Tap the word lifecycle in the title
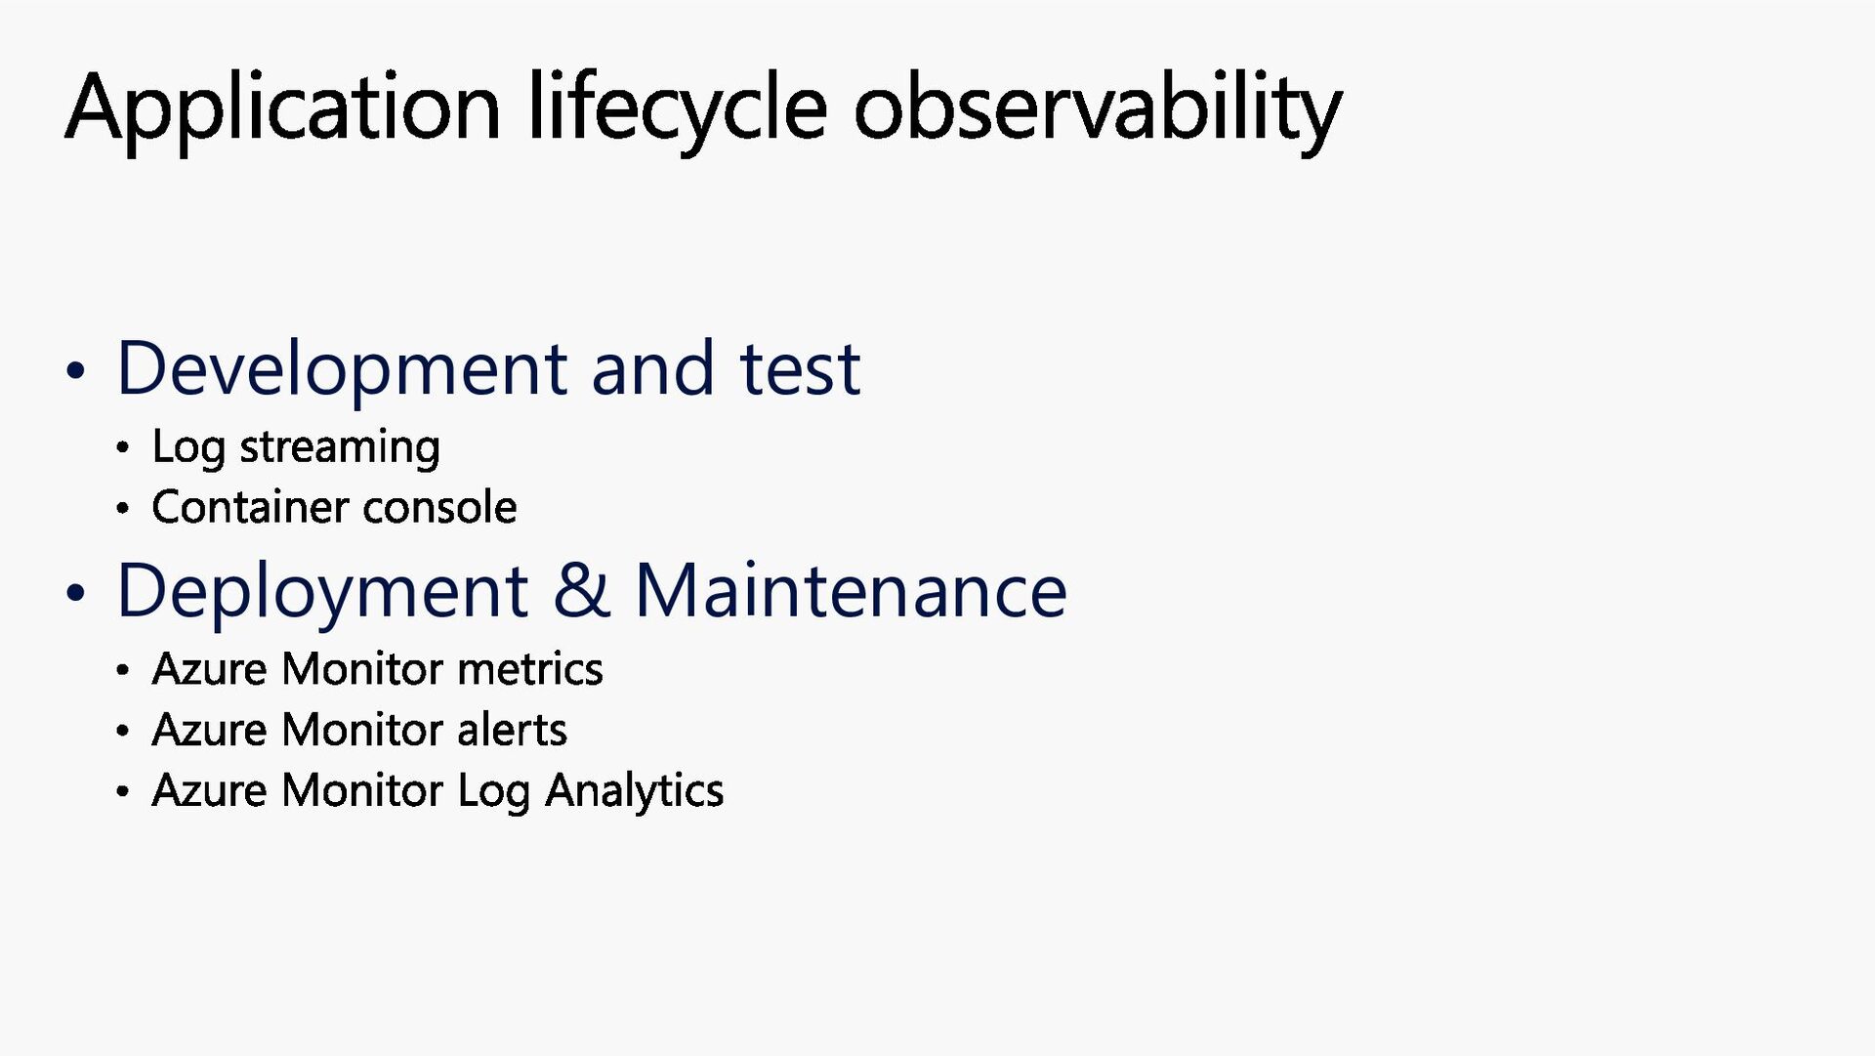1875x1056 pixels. click(678, 109)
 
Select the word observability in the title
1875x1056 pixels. click(1098, 109)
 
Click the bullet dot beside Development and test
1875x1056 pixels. click(75, 372)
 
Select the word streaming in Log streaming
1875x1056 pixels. click(340, 448)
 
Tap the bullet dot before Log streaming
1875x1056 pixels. click(122, 449)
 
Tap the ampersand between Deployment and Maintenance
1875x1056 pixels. click(582, 590)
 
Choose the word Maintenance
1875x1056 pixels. click(851, 591)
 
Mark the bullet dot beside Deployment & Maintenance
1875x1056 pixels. click(75, 593)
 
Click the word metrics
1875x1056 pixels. click(529, 670)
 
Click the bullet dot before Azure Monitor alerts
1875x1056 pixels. click(122, 731)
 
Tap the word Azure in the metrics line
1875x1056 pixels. click(210, 670)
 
